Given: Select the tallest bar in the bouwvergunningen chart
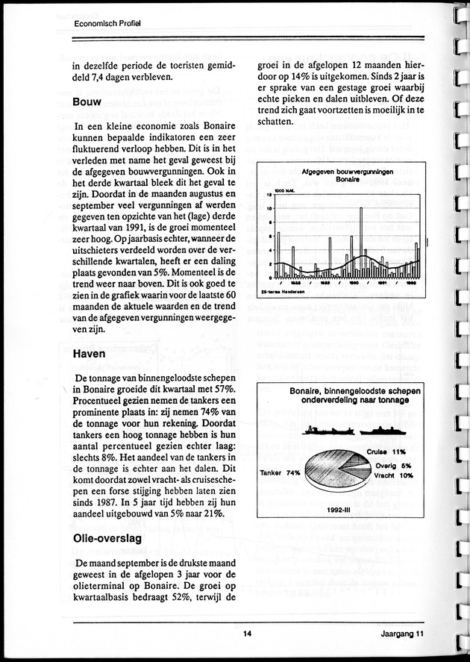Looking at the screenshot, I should (361, 239).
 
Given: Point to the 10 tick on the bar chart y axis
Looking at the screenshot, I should (269, 209).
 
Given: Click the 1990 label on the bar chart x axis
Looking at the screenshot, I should (355, 284).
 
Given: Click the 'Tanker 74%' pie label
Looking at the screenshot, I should (280, 472).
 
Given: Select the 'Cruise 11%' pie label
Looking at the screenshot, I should (386, 452).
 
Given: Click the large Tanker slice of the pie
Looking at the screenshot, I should (328, 478).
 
